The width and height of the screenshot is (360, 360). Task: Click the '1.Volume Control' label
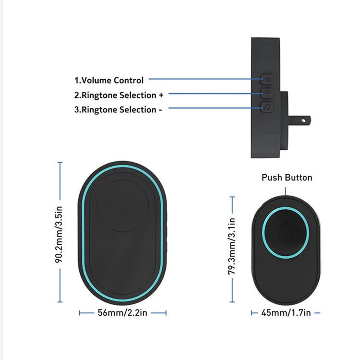click(109, 80)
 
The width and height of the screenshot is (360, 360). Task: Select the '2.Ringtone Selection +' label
click(119, 95)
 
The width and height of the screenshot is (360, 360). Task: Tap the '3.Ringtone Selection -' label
click(118, 110)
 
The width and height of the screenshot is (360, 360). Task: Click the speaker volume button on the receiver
click(267, 79)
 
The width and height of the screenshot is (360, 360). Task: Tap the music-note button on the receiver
click(267, 107)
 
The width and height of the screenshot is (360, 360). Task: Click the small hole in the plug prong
click(303, 120)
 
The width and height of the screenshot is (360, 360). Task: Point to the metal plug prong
click(300, 120)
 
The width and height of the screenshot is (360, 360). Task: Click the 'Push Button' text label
click(287, 178)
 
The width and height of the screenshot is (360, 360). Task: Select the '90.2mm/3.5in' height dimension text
click(59, 234)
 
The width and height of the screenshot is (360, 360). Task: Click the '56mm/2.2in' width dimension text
click(122, 312)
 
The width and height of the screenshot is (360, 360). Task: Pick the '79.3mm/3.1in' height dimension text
click(232, 246)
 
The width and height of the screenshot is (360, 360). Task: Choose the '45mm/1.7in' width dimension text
click(286, 312)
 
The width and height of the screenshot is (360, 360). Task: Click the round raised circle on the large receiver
click(122, 206)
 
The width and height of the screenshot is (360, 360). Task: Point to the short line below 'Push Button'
click(286, 191)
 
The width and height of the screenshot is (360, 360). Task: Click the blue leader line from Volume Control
click(206, 79)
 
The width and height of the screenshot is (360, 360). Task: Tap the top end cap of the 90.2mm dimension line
click(60, 162)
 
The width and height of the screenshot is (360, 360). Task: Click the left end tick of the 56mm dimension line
click(79, 312)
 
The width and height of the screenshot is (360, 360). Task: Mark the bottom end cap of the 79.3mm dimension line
click(232, 302)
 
